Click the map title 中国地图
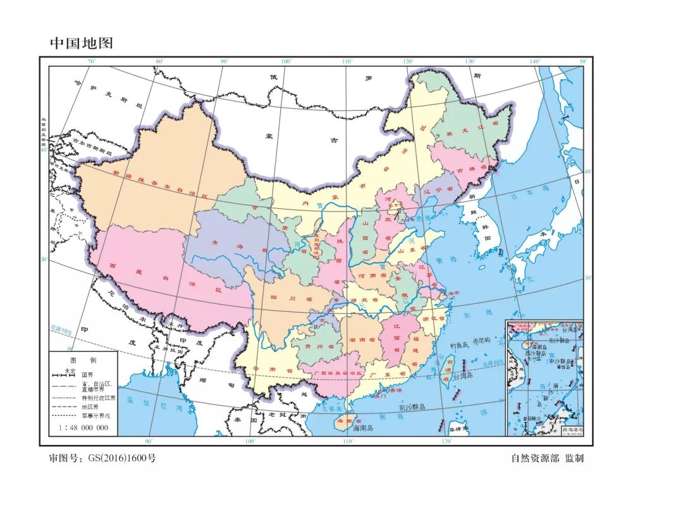pyautogui.click(x=82, y=43)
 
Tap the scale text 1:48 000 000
pyautogui.click(x=83, y=428)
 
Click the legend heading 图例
pyautogui.click(x=83, y=360)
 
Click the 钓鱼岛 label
pyautogui.click(x=460, y=346)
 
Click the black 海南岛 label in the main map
pyautogui.click(x=350, y=429)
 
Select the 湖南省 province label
pyautogui.click(x=359, y=339)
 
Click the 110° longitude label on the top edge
pyautogui.click(x=347, y=62)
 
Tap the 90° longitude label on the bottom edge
pyautogui.click(x=149, y=441)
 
